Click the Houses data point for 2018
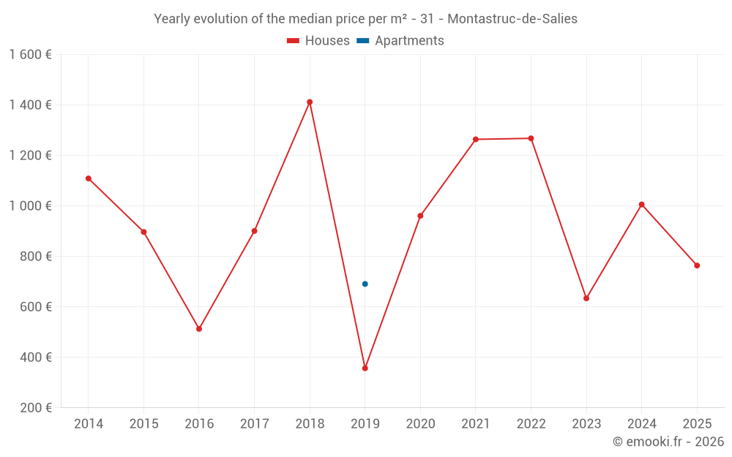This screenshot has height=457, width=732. [310, 102]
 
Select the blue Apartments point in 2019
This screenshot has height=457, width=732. [365, 284]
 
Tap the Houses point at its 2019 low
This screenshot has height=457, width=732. [365, 368]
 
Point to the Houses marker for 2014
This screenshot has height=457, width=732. [89, 178]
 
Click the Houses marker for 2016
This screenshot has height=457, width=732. [199, 329]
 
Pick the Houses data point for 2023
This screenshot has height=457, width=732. [586, 298]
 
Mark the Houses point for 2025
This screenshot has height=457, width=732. [697, 265]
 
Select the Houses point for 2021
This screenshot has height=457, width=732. [476, 139]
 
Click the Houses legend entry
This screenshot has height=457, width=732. [318, 41]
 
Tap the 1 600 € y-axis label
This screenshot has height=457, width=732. [31, 55]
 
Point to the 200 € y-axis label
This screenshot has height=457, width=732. [35, 408]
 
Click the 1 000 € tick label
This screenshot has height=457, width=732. [31, 206]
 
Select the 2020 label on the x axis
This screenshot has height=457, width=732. [420, 424]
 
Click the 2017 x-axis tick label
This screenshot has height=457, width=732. [254, 424]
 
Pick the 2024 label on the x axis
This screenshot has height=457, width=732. [641, 424]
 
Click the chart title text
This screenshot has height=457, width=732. [365, 19]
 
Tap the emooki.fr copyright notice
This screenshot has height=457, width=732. [668, 442]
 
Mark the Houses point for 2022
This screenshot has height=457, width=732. [531, 138]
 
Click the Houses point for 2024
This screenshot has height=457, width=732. [642, 205]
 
